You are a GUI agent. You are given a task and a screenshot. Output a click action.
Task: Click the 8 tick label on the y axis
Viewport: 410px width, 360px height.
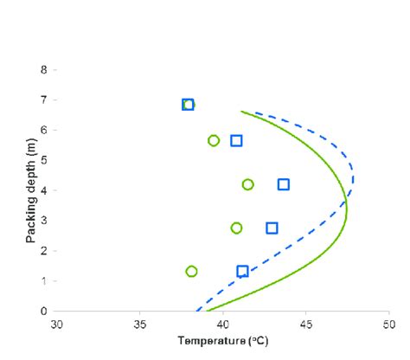click(43, 69)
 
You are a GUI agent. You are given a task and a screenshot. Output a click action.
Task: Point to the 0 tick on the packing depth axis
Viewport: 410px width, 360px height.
click(43, 311)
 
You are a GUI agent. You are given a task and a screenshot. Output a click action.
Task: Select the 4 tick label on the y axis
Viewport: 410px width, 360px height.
click(43, 190)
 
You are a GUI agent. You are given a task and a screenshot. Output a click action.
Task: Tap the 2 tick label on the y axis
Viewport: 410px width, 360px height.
click(43, 250)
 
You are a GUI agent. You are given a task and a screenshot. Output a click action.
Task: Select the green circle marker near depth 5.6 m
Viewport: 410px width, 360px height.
click(214, 140)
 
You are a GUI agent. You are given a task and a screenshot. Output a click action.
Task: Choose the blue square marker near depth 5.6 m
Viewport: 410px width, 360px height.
click(236, 140)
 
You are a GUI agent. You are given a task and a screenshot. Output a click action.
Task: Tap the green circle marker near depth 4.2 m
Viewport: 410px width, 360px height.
click(247, 184)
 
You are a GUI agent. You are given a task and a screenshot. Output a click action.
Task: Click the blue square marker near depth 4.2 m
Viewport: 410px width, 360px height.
click(283, 184)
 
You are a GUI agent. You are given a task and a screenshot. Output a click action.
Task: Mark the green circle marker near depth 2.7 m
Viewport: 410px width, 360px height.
click(236, 228)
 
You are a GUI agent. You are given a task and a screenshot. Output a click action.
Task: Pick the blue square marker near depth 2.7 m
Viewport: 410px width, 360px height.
click(272, 228)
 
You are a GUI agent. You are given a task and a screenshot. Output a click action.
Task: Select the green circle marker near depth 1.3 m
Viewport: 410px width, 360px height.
click(191, 271)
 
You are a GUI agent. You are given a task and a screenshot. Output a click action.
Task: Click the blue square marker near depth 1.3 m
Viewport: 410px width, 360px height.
click(242, 271)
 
